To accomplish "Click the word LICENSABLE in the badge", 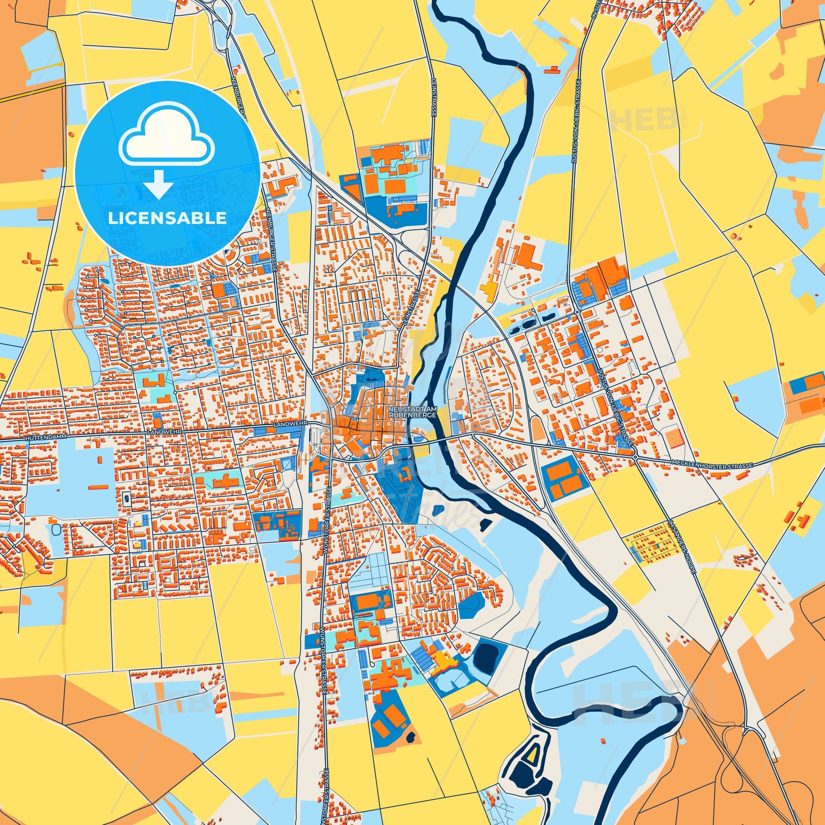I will coord(167,218).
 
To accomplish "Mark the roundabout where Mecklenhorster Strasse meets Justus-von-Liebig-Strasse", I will coord(636,457).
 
